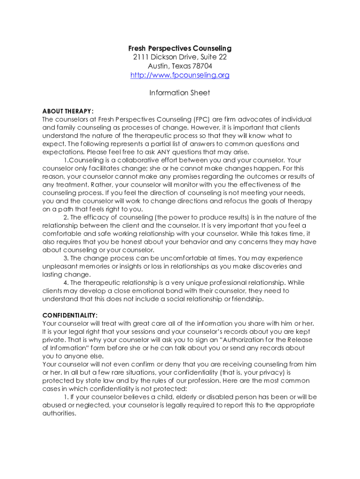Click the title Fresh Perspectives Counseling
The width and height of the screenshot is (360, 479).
pos(180,49)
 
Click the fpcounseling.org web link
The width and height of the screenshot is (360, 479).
pos(180,75)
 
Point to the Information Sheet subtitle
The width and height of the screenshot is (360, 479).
pos(180,93)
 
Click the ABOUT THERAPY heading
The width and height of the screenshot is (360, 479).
pos(68,111)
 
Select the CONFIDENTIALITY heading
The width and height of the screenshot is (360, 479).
pos(70,315)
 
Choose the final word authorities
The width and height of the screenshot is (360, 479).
pos(59,414)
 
